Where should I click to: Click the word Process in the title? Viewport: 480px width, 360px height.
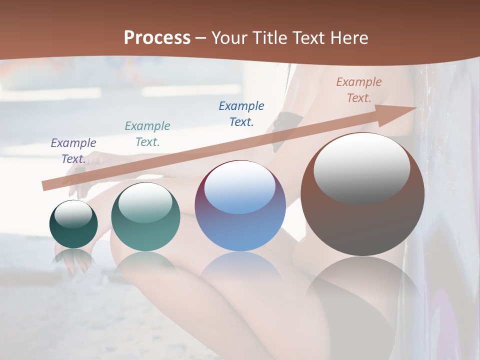[x=157, y=37]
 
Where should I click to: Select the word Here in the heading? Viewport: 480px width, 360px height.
[x=347, y=37]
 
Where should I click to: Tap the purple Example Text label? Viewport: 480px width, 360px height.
[x=73, y=150]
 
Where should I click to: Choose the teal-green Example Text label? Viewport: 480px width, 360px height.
[x=147, y=133]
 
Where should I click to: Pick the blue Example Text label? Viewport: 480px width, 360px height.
[x=241, y=113]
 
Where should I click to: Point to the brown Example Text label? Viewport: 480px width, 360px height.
[x=359, y=89]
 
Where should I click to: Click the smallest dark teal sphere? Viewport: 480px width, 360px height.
[x=73, y=224]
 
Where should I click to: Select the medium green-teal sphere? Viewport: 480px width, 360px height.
[x=145, y=217]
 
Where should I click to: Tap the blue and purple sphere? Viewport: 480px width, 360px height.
[x=240, y=206]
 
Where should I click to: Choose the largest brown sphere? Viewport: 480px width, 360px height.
[x=362, y=194]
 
